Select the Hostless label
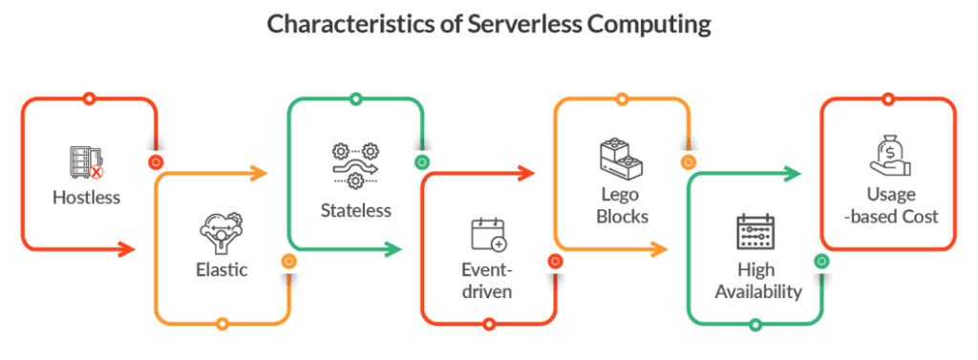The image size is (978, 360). (86, 198)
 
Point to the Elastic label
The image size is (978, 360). (222, 269)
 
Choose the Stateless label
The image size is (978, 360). (355, 210)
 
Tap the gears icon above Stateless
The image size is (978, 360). (355, 166)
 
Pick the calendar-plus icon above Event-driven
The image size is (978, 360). (488, 235)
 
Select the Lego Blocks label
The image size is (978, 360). (622, 205)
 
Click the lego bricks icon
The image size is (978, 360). (621, 157)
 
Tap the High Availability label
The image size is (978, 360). (757, 280)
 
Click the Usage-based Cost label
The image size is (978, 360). (890, 205)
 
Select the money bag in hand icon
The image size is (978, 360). (890, 157)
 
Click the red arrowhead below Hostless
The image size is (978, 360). (128, 249)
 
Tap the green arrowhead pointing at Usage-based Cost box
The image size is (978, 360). (793, 174)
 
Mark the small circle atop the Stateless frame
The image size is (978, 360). (355, 98)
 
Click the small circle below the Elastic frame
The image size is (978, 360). (222, 324)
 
